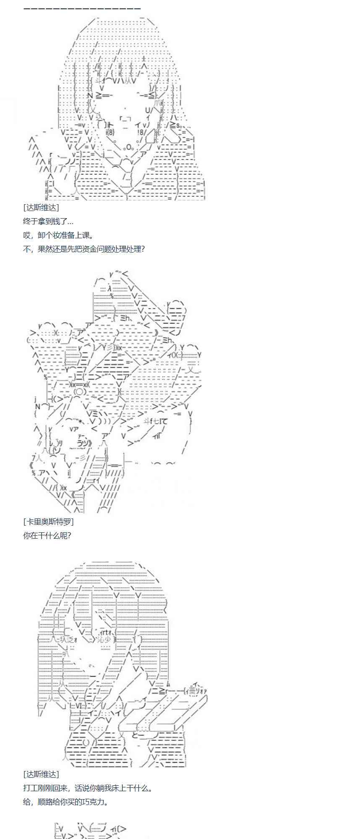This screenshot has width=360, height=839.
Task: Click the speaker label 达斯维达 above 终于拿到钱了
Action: (41, 207)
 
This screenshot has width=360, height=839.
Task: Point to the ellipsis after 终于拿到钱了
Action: (70, 222)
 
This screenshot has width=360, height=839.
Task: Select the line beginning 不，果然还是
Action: (83, 249)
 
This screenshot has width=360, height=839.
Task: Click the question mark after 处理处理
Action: (143, 249)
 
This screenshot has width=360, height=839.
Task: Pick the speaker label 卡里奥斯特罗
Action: (48, 521)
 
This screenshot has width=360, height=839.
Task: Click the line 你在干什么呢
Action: (47, 535)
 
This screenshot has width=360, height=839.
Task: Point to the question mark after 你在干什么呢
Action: (69, 535)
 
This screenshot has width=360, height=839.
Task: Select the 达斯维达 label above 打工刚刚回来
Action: (41, 774)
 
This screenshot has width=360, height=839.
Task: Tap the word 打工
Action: (30, 788)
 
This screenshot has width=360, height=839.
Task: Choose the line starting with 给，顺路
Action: (66, 802)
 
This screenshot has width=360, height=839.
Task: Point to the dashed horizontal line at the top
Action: (82, 8)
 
